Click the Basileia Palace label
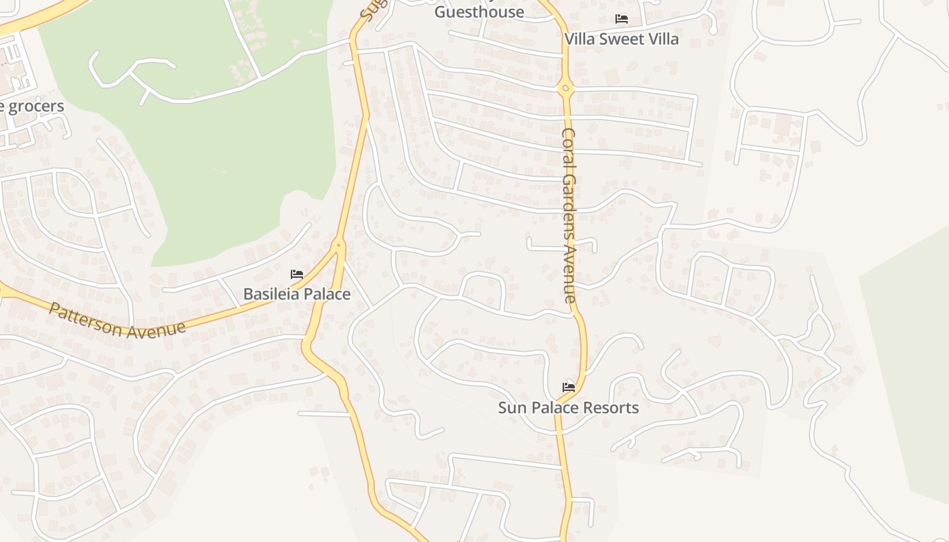(297, 294)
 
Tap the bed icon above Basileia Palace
(297, 274)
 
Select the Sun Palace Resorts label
(568, 408)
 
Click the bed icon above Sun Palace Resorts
(569, 388)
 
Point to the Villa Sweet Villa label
(622, 39)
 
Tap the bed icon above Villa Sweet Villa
(622, 19)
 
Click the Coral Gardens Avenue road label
(569, 215)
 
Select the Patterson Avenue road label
(117, 319)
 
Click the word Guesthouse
(479, 12)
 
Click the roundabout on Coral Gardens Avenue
(565, 88)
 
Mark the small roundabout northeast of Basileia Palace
(339, 244)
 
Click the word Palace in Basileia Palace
(327, 294)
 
